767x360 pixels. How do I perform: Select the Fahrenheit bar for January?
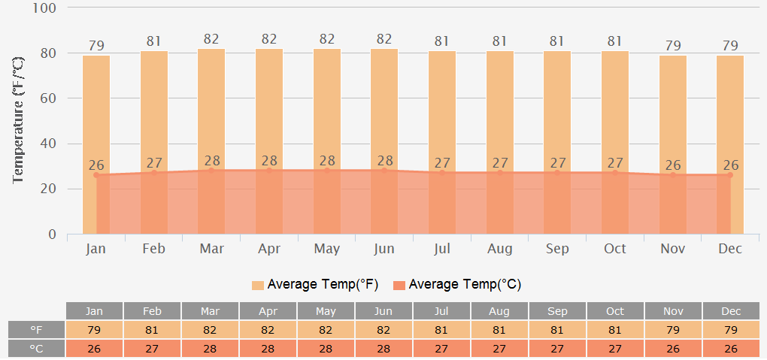coord(96,113)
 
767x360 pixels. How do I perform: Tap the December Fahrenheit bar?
coord(730,113)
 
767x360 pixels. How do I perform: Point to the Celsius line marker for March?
coord(211,171)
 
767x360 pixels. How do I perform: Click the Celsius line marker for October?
coord(615,172)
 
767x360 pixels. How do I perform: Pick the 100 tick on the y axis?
coord(44,8)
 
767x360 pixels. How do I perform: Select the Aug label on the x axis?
coord(500,249)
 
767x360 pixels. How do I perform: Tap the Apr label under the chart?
coord(269,249)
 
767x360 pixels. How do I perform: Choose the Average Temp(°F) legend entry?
coord(314,285)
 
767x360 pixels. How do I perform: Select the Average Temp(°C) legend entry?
coord(456,285)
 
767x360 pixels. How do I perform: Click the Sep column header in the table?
coord(557,311)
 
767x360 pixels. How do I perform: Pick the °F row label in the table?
coord(37,330)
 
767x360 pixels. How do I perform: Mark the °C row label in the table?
coord(37,349)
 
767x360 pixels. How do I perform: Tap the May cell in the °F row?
coord(326,330)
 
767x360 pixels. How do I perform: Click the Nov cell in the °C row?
coord(673,349)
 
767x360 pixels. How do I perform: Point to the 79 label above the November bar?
coord(673,46)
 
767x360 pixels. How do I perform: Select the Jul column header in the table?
coord(441,311)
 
